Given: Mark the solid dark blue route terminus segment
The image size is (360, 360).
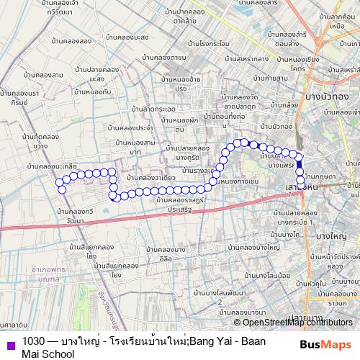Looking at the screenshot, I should pyautogui.click(x=300, y=163).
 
